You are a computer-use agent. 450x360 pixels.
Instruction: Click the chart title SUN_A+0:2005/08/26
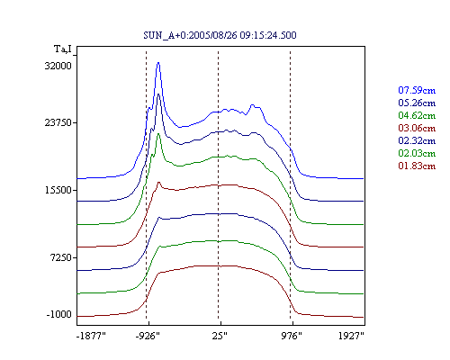pos(220,35)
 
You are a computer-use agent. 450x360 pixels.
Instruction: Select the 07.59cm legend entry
pos(417,90)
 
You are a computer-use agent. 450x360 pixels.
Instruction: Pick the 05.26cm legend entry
pos(417,103)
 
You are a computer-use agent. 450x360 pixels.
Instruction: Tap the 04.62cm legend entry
pos(417,115)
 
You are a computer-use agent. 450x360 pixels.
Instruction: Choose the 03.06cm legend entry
pos(417,128)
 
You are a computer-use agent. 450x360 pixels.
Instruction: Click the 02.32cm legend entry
pos(417,140)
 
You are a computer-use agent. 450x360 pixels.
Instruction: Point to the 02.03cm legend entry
pos(417,153)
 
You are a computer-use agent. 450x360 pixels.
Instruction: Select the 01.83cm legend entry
pos(417,166)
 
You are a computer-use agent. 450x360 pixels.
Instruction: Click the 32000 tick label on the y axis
pos(58,66)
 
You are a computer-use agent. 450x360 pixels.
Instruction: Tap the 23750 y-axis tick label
pos(58,122)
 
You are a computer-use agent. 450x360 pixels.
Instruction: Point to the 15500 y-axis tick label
pos(58,190)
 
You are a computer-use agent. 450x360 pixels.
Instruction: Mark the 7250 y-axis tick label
pos(61,257)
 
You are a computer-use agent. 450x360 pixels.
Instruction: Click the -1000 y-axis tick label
pos(59,314)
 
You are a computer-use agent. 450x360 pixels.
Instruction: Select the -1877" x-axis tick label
pos(92,336)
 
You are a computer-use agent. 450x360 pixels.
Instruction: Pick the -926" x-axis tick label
pos(148,336)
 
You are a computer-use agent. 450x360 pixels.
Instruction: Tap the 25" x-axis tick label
pos(220,336)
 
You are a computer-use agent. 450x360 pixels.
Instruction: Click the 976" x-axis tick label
pos(292,336)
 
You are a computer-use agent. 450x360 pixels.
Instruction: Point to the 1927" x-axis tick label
pos(351,336)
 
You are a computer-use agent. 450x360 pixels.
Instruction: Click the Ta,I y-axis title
pos(63,49)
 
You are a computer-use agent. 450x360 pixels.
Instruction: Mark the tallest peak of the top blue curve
pos(158,62)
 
